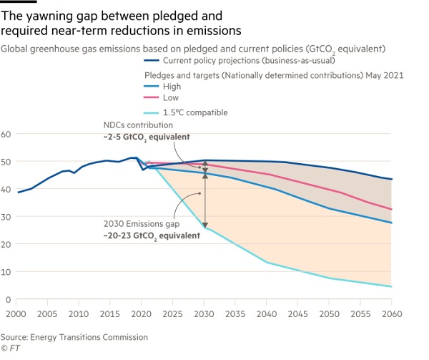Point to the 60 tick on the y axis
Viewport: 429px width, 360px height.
click(x=6, y=134)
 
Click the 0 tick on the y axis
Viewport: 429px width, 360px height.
click(x=9, y=299)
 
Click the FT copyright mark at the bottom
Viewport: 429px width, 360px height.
click(x=9, y=349)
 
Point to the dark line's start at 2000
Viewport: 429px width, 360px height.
click(x=19, y=193)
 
